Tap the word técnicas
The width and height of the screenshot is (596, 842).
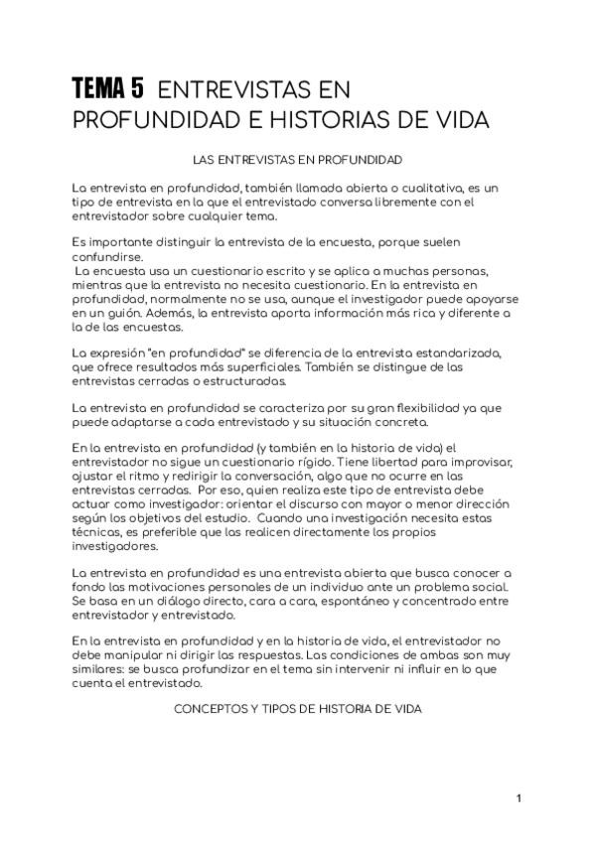[x=99, y=533]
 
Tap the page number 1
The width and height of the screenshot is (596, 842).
[x=519, y=799]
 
